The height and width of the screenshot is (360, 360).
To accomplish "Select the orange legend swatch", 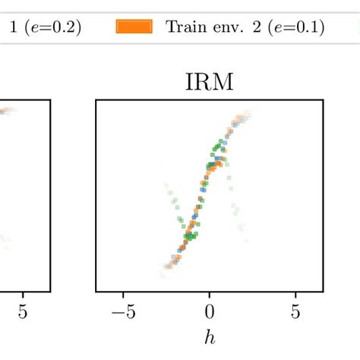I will pyautogui.click(x=134, y=27).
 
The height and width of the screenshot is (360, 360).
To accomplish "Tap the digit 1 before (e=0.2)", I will pyautogui.click(x=13, y=28).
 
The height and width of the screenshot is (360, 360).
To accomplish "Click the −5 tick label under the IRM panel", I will pyautogui.click(x=122, y=311).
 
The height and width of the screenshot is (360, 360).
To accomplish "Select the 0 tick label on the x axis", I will pyautogui.click(x=209, y=311).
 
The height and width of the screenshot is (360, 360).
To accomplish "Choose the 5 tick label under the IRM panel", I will pyautogui.click(x=295, y=311).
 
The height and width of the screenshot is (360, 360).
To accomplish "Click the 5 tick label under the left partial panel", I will pyautogui.click(x=23, y=311).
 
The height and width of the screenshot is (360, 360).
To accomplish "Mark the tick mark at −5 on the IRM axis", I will pyautogui.click(x=124, y=294).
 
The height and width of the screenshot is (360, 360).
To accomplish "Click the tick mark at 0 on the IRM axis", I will pyautogui.click(x=209, y=294).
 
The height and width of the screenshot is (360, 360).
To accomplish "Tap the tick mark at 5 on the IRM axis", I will pyautogui.click(x=295, y=294).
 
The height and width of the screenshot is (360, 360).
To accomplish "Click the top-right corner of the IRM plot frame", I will pyautogui.click(x=324, y=100).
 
